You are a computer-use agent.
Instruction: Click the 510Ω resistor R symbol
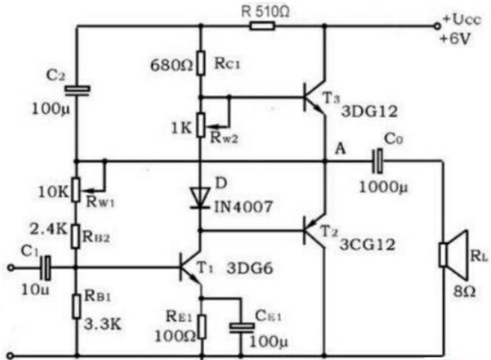point(262,26)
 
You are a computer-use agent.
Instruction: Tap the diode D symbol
point(201,197)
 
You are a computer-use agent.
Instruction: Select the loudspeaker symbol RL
point(454,255)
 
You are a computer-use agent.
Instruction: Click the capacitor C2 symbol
point(77,89)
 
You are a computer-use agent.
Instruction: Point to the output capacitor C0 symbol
point(377,161)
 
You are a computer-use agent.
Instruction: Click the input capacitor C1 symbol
point(46,267)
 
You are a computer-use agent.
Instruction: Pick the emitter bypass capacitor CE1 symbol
point(241,327)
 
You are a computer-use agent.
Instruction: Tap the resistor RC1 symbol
point(201,62)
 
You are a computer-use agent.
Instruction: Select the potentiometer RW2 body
point(201,125)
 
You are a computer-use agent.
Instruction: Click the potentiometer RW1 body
point(75,190)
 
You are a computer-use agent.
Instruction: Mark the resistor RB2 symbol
point(75,236)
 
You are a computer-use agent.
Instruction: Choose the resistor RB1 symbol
point(76,306)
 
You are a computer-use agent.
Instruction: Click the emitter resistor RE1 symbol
point(203,327)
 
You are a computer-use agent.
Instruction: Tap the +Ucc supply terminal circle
point(437,27)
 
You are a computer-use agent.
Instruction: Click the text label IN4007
point(244,207)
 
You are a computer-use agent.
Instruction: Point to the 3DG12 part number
point(369,111)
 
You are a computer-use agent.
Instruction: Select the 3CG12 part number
point(368,244)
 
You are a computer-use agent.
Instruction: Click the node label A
point(340,149)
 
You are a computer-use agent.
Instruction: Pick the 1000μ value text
point(383,187)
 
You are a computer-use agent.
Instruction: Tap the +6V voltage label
point(455,39)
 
